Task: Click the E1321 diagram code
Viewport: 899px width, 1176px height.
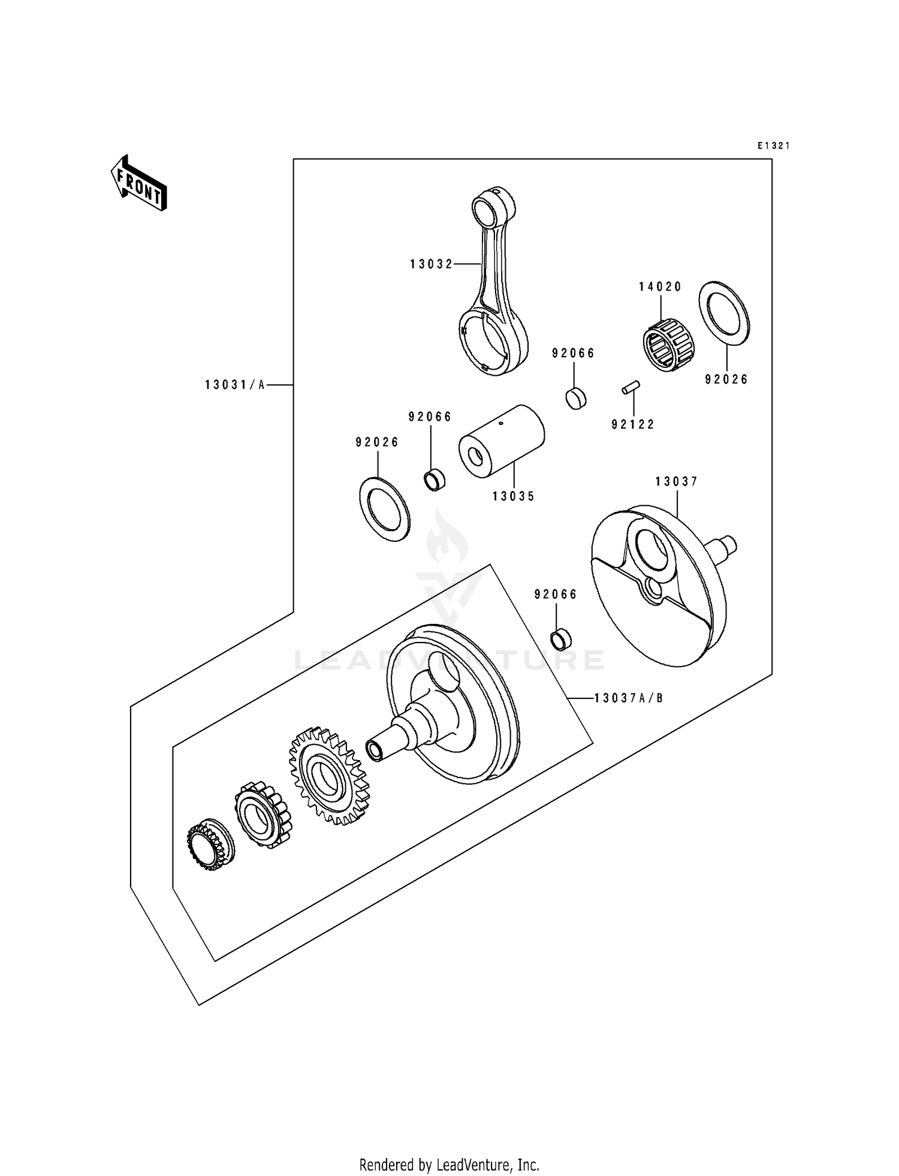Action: (x=773, y=146)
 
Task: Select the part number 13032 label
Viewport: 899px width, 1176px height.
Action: (x=432, y=264)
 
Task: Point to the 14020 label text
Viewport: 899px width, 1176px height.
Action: (x=660, y=287)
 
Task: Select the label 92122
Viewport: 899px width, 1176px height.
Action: (x=633, y=424)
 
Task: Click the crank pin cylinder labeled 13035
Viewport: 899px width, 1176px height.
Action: (x=502, y=441)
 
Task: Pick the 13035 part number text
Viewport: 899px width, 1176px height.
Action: (x=514, y=496)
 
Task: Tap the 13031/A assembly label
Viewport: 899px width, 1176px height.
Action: (x=235, y=385)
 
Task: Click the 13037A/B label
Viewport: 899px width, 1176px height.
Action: (x=629, y=698)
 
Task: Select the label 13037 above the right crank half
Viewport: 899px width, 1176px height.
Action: (x=677, y=481)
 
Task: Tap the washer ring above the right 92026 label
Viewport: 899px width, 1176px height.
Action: (x=724, y=313)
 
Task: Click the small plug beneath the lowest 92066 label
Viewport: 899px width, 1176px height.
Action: (x=561, y=640)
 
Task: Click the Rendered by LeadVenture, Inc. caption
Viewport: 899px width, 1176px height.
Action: (x=449, y=1165)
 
